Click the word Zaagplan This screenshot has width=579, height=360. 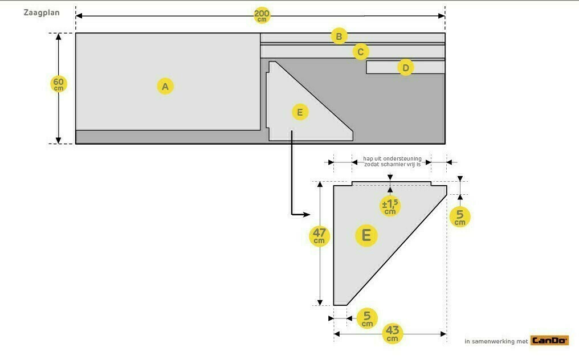(42, 13)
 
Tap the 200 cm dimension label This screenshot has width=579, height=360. (262, 15)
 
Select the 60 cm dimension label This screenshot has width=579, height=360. (58, 84)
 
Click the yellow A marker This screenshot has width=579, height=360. (165, 87)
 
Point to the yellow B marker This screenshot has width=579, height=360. (339, 36)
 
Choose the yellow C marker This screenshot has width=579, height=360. (361, 52)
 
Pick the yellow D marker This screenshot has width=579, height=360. (405, 68)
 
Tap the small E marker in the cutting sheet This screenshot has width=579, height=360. (300, 112)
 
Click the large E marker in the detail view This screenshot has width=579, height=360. (366, 235)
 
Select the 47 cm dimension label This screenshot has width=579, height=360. (319, 236)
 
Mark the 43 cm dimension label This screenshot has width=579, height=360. (393, 333)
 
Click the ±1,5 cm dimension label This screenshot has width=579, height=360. (390, 206)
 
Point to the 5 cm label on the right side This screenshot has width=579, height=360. (460, 216)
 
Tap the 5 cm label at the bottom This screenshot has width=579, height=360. (367, 318)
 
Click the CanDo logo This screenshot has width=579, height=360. (549, 341)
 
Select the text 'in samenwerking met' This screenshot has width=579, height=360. (496, 342)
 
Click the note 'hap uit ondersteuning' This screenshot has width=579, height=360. (392, 159)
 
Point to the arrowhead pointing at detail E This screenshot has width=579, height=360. (307, 214)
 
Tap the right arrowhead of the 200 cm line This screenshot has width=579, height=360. (442, 16)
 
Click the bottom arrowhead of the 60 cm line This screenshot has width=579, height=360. (58, 140)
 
